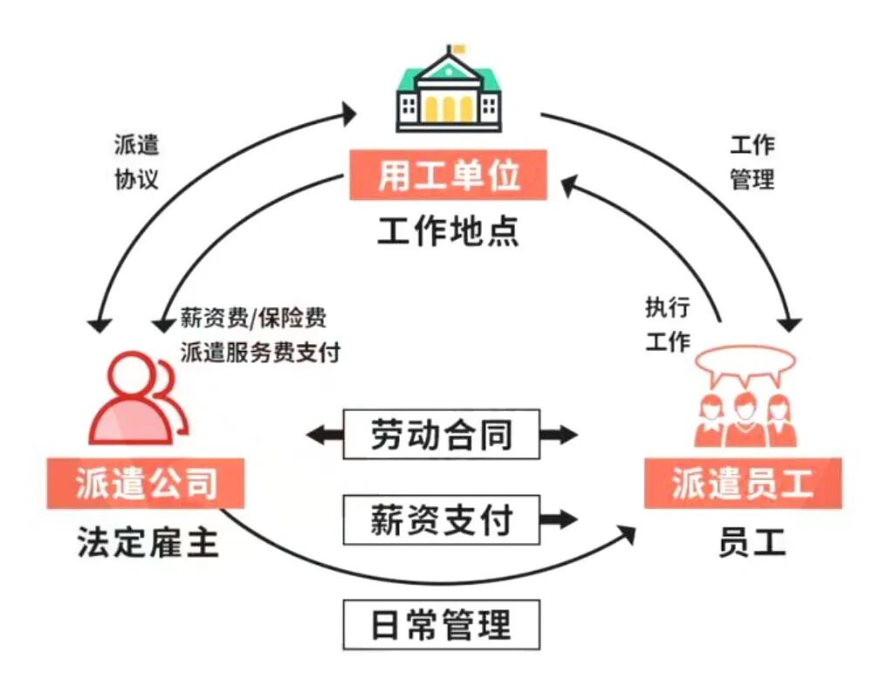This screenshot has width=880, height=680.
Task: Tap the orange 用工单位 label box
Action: click(x=449, y=175)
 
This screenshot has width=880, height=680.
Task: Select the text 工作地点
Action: click(x=449, y=230)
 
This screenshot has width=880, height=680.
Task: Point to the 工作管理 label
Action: click(x=752, y=161)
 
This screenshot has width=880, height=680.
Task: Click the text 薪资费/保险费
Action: click(x=253, y=317)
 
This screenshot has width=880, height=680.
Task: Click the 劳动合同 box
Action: click(x=441, y=434)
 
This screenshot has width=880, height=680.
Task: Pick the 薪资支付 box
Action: click(x=441, y=520)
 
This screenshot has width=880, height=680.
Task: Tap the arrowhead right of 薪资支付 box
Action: click(x=563, y=520)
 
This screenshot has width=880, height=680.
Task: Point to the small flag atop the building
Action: click(x=457, y=49)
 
